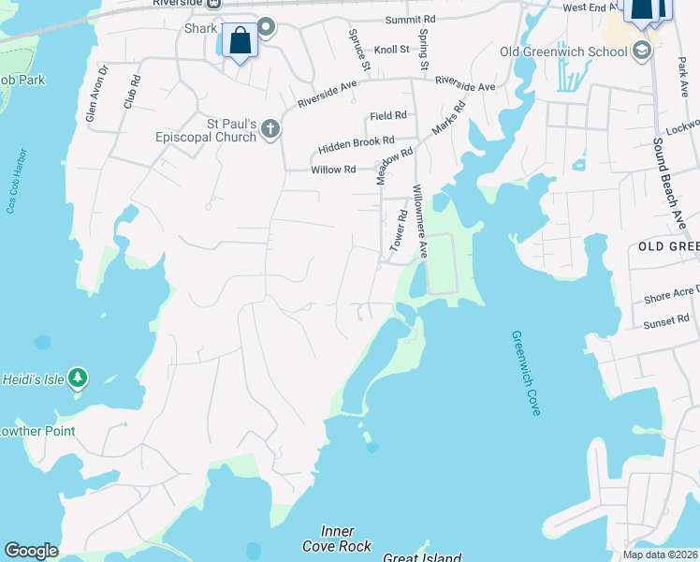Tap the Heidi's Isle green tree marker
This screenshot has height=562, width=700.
pos(79,377)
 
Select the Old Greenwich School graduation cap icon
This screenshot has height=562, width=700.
pos(642,50)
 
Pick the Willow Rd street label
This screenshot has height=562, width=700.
pos(334,170)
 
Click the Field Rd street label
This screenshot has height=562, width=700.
pos(387,115)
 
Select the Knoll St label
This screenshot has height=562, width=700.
pos(391,49)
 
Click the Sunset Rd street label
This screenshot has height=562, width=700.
pos(665,320)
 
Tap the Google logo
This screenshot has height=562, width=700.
pos(31,551)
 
